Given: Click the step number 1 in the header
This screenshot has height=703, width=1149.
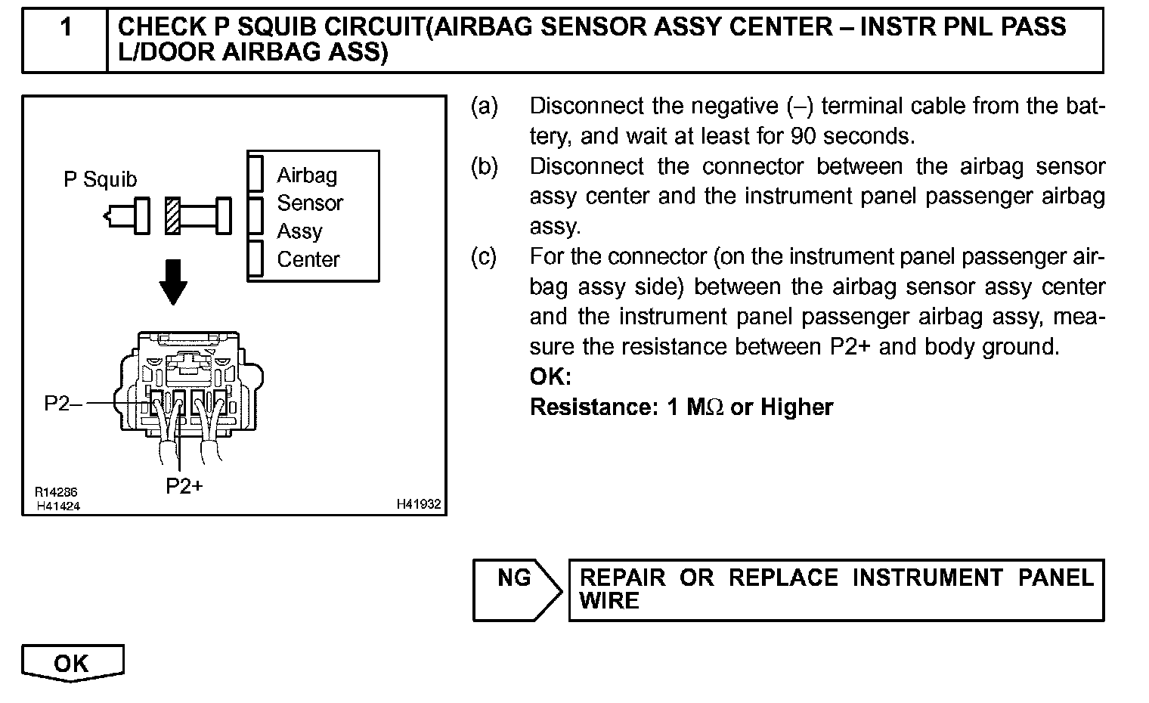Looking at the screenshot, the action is tap(66, 28).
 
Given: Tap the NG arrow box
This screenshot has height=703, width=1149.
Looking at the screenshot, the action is tap(516, 590).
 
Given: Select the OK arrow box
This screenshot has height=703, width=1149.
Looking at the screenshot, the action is tap(72, 663).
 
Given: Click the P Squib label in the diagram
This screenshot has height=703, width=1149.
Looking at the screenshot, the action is tap(101, 179).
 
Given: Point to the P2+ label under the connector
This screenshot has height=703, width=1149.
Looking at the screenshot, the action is tap(184, 485).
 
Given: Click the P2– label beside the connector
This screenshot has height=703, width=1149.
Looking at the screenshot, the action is tap(63, 404).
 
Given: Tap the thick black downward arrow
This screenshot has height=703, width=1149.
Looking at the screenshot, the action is tap(174, 281).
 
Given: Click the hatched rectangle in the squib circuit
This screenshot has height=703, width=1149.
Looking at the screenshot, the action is tap(173, 215).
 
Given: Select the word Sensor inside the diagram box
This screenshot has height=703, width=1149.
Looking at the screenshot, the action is tap(310, 203).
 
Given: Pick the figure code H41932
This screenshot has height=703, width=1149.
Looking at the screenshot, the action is tap(419, 504).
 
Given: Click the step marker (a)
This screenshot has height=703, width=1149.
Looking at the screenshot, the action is tap(485, 107).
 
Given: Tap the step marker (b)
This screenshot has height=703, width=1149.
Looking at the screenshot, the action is tap(485, 166).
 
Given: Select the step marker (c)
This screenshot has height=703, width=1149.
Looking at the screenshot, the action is tap(484, 257).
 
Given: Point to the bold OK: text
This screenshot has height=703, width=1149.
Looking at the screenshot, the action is tap(550, 376).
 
